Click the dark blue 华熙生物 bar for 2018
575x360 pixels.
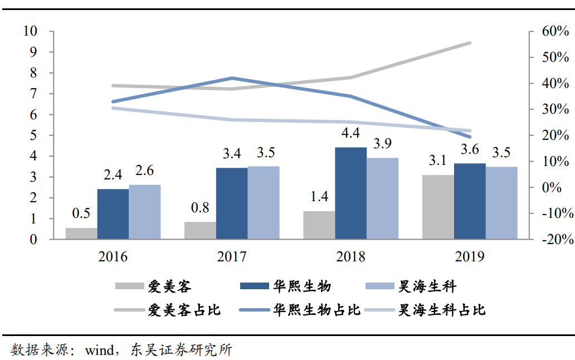[x=350, y=193]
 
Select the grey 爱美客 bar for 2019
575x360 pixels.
[x=438, y=207]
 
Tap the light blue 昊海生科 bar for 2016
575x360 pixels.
[x=144, y=212]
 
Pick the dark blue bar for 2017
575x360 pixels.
[x=232, y=203]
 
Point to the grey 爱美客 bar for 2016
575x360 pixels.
[x=81, y=233]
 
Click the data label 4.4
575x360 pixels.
[x=351, y=133]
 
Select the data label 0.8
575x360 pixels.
[x=200, y=208]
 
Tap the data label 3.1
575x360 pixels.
[x=438, y=161]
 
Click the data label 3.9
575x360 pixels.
[x=382, y=144]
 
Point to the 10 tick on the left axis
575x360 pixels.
[x=30, y=31]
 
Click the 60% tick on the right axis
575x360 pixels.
[x=555, y=31]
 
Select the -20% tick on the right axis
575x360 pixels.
[x=554, y=240]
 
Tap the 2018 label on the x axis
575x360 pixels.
[x=350, y=257]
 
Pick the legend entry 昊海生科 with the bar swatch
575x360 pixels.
[x=427, y=286]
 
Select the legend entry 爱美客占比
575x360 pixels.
[x=184, y=310]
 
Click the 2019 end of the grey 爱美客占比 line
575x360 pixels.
[x=469, y=43]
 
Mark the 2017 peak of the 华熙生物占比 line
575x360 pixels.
[x=232, y=78]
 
